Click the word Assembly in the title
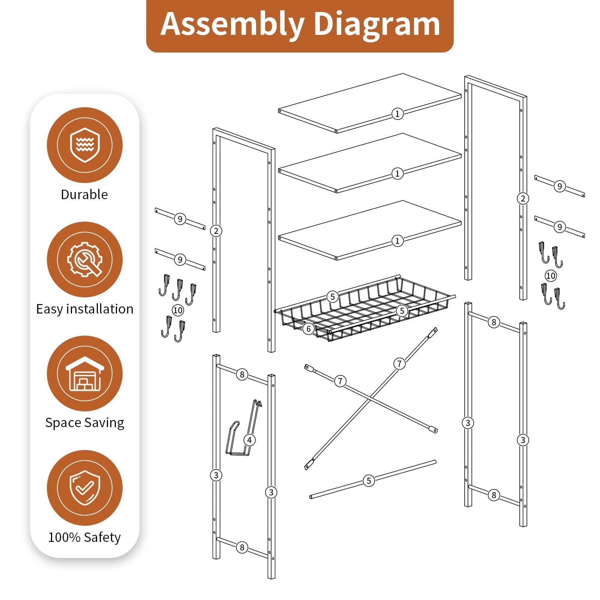[232, 24]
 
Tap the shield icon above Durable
[85, 145]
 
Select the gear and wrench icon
[85, 259]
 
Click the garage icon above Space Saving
[85, 373]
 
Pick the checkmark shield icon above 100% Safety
[85, 487]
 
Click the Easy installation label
[85, 309]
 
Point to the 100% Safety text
[85, 537]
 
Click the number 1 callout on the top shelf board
[397, 114]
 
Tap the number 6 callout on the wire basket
[308, 329]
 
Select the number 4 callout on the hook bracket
[249, 440]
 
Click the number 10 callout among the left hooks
[178, 310]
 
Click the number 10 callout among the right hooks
[550, 276]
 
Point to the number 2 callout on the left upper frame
[216, 231]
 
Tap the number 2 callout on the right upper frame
[523, 198]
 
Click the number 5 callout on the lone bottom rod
[369, 481]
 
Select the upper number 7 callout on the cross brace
[399, 363]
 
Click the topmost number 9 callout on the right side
[559, 186]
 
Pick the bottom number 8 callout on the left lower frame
[242, 547]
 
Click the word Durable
[84, 195]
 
